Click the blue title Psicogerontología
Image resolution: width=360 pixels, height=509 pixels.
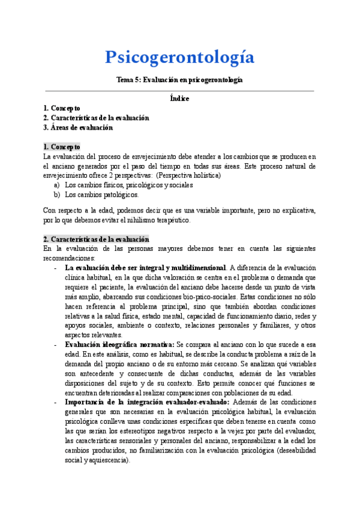point(179,57)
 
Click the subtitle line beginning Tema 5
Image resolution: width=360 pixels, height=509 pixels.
point(179,80)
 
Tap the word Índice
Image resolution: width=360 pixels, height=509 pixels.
point(179,98)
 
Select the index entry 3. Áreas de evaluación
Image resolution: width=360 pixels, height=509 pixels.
point(77,127)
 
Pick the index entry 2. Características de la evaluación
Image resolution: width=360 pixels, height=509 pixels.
point(95,118)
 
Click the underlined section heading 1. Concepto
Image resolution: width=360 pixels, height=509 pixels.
point(61,146)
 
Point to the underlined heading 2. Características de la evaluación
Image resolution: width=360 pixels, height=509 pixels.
point(95,238)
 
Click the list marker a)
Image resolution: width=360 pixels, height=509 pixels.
point(57,185)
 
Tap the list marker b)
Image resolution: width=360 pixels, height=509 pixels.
point(57,194)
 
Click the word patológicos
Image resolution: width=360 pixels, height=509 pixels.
point(119,194)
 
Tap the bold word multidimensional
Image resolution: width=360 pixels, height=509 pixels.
point(193,267)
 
